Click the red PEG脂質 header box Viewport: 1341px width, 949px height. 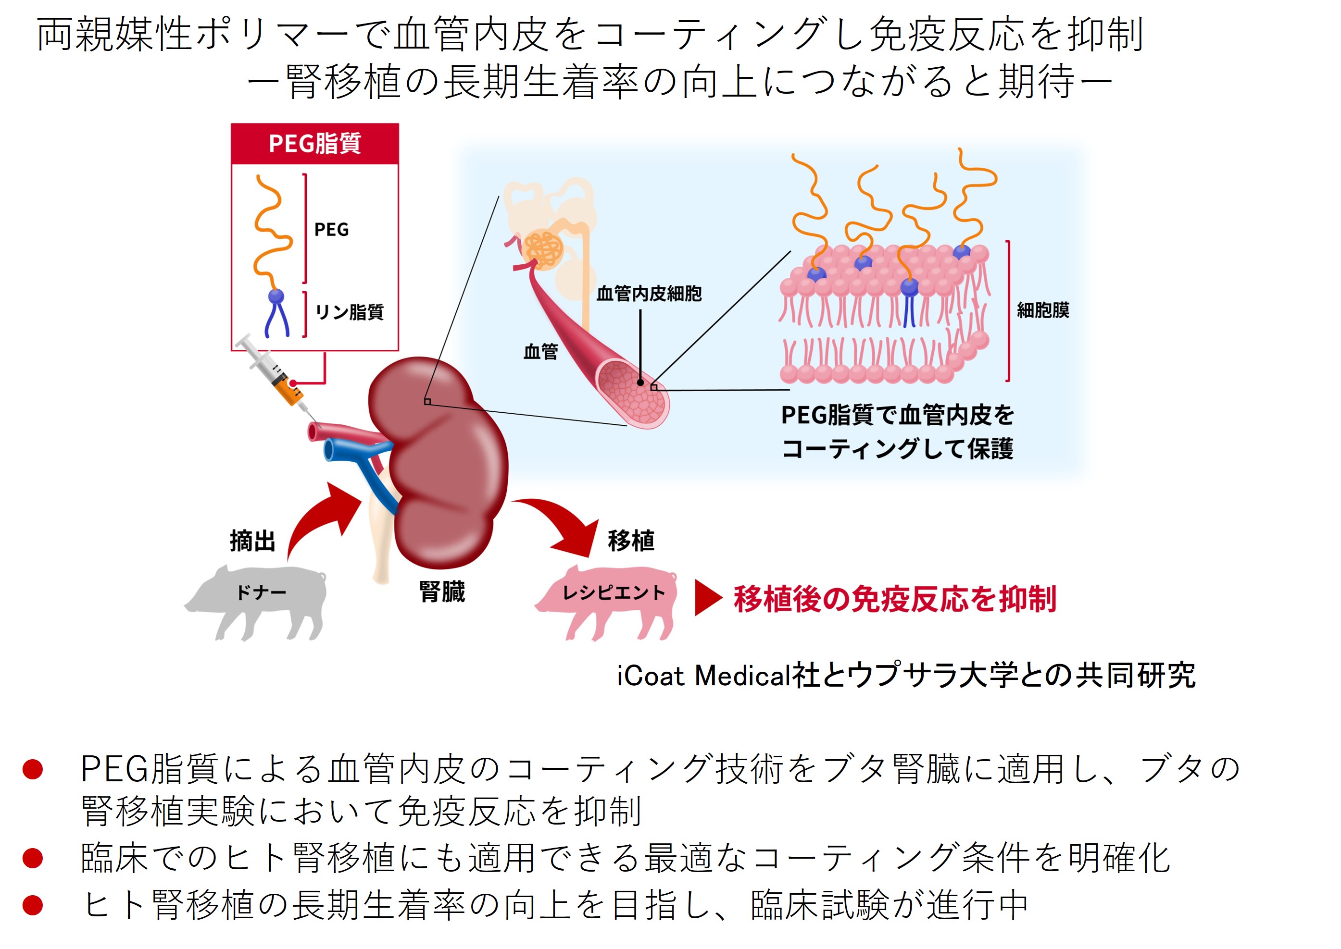pyautogui.click(x=314, y=144)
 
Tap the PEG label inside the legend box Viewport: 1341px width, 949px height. pyautogui.click(x=331, y=230)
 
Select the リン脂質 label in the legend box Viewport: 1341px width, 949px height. pyautogui.click(x=349, y=312)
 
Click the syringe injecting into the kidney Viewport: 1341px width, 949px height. pyautogui.click(x=275, y=374)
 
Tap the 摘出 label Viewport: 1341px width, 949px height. pyautogui.click(x=252, y=541)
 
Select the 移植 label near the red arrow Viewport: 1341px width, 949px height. pyautogui.click(x=631, y=541)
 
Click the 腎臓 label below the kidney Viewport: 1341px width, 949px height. pyautogui.click(x=442, y=592)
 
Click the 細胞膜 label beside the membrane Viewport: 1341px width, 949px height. pyautogui.click(x=1043, y=310)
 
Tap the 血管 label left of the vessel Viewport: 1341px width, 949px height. pyautogui.click(x=541, y=352)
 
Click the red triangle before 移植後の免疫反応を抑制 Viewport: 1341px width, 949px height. pyautogui.click(x=707, y=598)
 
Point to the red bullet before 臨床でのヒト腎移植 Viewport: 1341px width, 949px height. pyautogui.click(x=33, y=858)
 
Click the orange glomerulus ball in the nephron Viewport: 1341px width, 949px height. pyautogui.click(x=543, y=251)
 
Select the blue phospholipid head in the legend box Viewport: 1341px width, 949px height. pyautogui.click(x=276, y=296)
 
